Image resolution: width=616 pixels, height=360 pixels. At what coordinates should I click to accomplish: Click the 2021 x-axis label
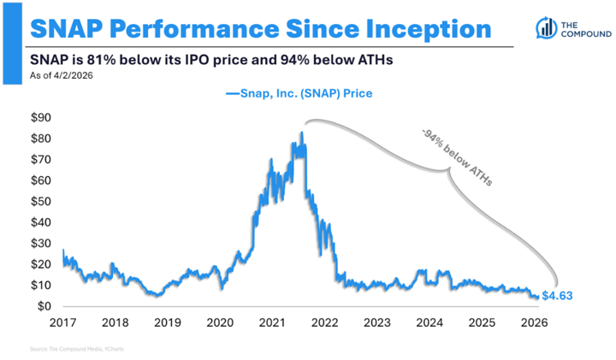point(273,322)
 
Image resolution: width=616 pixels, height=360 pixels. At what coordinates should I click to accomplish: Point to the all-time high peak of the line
point(301,132)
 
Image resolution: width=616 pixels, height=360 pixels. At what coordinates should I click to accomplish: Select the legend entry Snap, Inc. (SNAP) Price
point(299,92)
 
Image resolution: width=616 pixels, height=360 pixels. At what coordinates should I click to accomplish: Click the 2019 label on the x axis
point(168,322)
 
